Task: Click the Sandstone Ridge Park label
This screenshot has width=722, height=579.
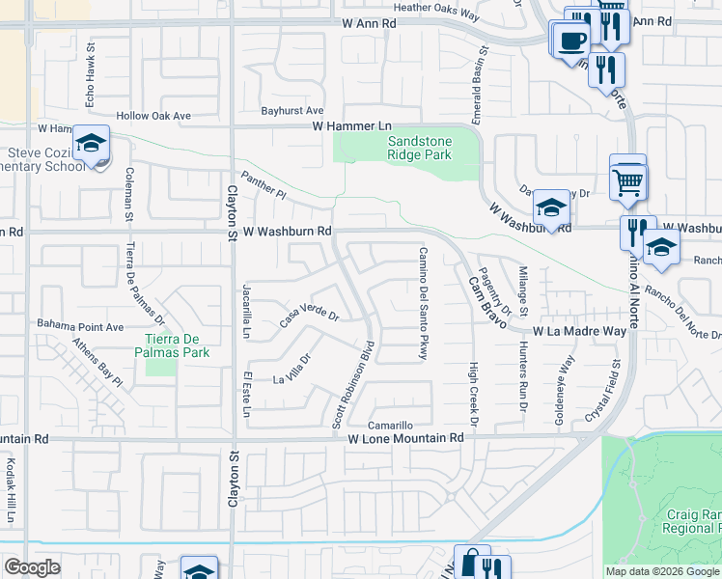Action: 420,147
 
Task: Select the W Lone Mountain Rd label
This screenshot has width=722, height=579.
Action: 405,437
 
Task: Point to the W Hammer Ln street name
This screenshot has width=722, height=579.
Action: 351,126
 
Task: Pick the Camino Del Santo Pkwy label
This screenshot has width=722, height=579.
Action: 423,302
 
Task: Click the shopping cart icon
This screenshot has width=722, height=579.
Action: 628,180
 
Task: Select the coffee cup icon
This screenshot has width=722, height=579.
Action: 572,41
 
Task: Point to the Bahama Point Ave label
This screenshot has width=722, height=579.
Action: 80,325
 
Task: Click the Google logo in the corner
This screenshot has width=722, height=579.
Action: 32,567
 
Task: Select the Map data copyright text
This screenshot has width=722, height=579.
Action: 661,570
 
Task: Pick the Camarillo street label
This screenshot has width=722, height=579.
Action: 391,425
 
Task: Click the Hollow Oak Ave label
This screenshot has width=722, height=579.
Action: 153,116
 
